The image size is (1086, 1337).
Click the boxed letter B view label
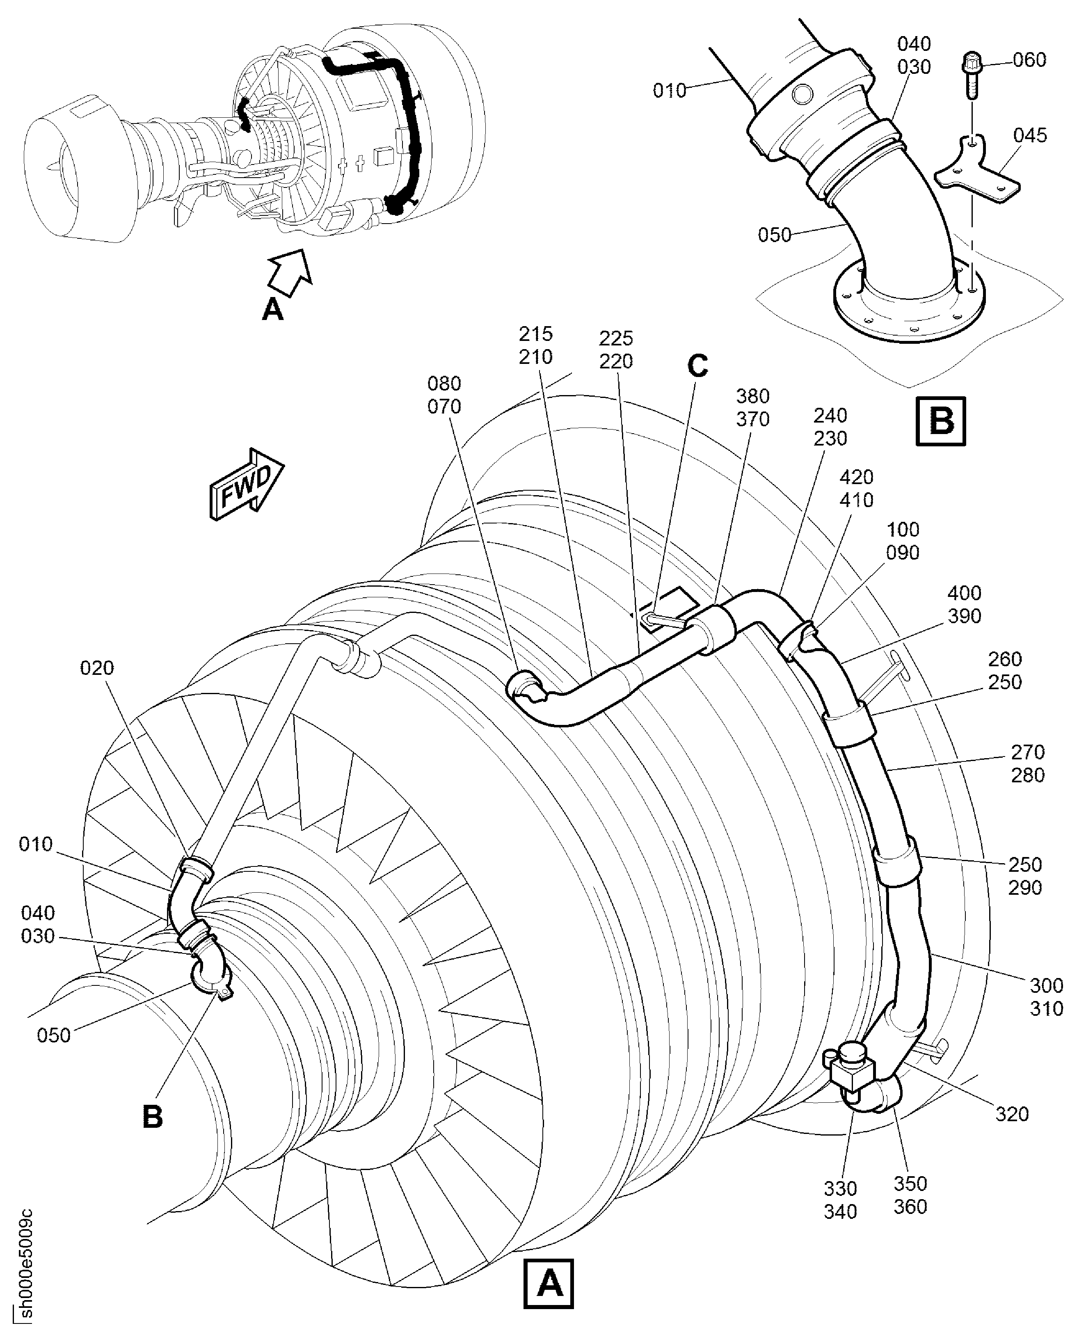(x=940, y=421)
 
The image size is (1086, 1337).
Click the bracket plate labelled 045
(x=979, y=172)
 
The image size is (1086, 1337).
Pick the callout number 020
(x=97, y=668)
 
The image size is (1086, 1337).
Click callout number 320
(x=1012, y=1114)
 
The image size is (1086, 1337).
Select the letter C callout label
(x=697, y=366)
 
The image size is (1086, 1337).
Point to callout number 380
(x=752, y=397)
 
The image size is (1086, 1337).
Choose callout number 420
(x=856, y=478)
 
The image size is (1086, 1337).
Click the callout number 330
(x=840, y=1189)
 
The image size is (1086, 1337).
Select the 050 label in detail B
(x=775, y=235)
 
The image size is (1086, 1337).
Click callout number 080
(x=444, y=384)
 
